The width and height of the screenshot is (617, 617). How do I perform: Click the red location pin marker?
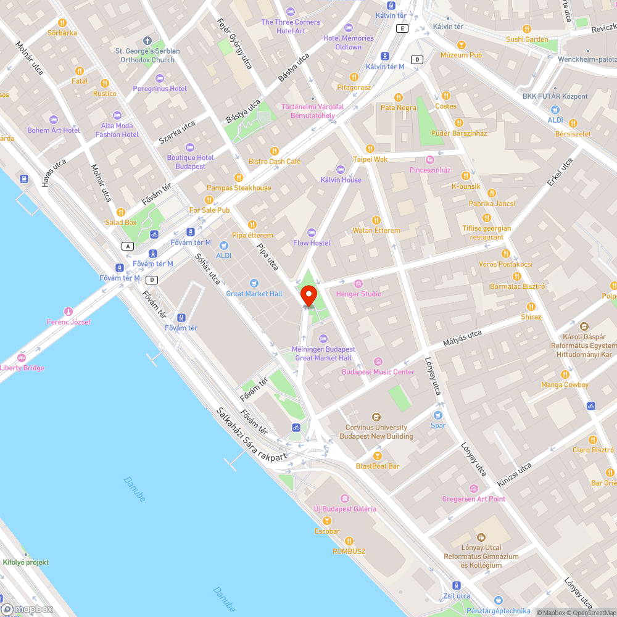[x=308, y=296]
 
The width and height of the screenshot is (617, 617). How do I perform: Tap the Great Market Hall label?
[x=254, y=294]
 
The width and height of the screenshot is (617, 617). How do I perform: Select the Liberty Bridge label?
[x=22, y=368]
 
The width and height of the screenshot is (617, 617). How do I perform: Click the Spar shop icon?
[x=438, y=415]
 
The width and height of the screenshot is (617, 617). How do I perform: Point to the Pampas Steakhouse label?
[x=239, y=188]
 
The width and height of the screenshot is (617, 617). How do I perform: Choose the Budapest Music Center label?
[x=378, y=372]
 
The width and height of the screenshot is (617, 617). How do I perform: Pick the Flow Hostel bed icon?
[x=312, y=233]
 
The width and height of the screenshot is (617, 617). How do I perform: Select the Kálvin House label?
[x=341, y=180]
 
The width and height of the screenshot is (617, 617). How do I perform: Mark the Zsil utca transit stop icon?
[x=457, y=585]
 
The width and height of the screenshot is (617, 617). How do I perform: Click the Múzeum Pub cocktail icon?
[x=462, y=44]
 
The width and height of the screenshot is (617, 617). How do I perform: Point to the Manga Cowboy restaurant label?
[x=565, y=384]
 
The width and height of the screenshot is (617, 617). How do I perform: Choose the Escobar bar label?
[x=327, y=531]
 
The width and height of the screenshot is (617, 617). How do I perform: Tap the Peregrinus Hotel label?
[x=160, y=88]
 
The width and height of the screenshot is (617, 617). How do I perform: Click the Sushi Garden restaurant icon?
[x=526, y=29]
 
